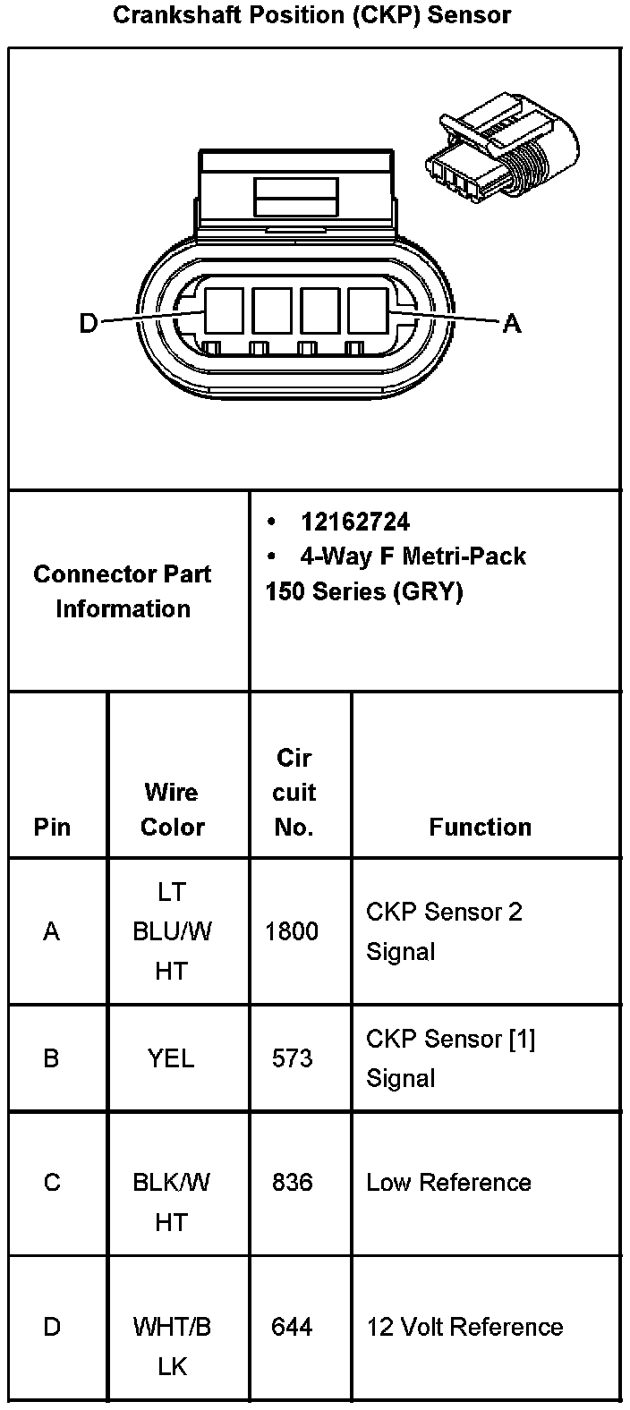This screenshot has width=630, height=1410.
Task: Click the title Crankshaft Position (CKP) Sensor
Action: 312,15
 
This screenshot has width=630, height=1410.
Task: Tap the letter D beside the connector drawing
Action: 88,322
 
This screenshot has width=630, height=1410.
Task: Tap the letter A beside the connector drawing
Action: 511,322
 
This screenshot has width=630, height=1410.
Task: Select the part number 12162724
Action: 355,522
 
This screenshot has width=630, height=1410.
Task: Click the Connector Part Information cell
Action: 123,590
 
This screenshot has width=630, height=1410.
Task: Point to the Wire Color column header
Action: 172,809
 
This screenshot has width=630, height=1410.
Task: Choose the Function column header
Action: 480,827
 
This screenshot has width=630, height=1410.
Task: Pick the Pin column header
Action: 52,827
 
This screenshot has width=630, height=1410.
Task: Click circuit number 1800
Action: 292,931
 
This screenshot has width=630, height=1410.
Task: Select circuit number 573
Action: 292,1058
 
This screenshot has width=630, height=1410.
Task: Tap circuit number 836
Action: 292,1183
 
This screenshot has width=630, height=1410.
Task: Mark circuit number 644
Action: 292,1327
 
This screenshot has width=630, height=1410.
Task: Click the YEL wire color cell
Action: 171,1058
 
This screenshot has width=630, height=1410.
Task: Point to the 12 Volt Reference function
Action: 464,1327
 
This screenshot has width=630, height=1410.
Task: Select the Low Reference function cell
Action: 448,1183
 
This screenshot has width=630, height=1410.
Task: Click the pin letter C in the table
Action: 52,1183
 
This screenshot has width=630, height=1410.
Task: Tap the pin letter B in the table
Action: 52,1058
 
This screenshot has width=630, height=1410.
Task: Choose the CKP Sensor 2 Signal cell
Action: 444,931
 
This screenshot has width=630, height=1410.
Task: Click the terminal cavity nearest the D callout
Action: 224,310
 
